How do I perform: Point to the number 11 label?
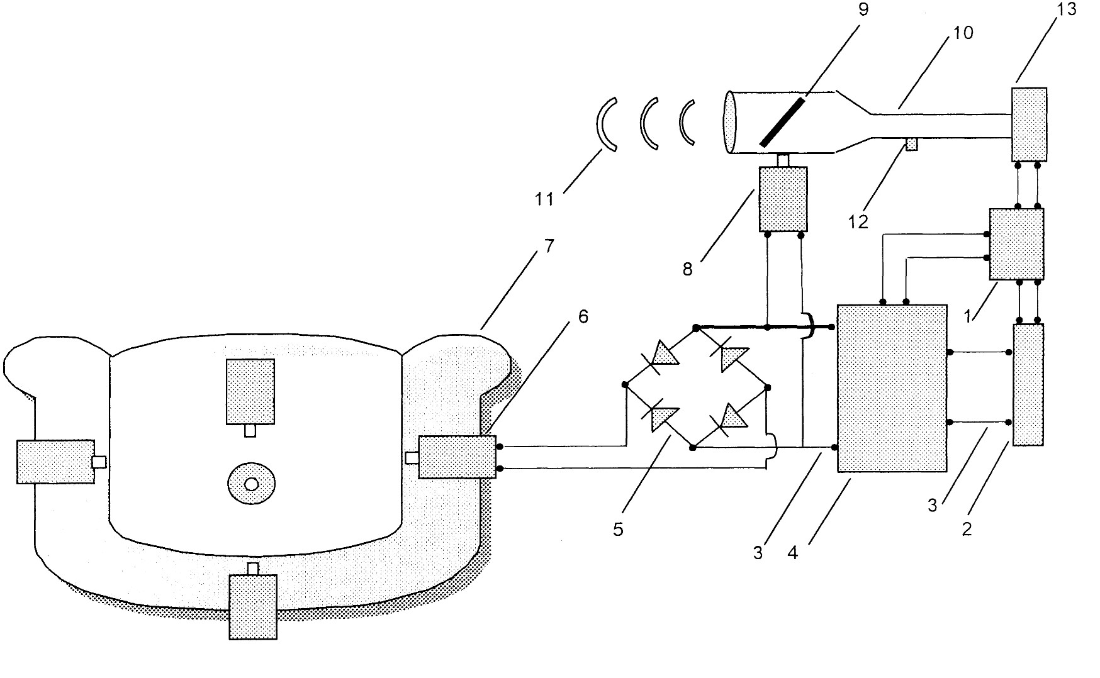pos(544,199)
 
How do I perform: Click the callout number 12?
pos(858,221)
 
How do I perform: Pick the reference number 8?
pos(687,269)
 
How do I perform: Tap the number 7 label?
pos(549,246)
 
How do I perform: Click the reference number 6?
pos(583,316)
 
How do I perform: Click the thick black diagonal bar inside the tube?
pos(782,123)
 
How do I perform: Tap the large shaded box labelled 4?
pos(892,388)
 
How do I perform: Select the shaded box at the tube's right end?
pos(1029,125)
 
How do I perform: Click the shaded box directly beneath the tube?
pos(783,199)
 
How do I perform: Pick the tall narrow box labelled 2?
pos(1028,385)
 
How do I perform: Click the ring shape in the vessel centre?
pos(251,484)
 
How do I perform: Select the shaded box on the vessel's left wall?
pos(55,462)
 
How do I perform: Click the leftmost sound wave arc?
pos(606,125)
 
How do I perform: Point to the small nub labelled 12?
pos(911,144)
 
